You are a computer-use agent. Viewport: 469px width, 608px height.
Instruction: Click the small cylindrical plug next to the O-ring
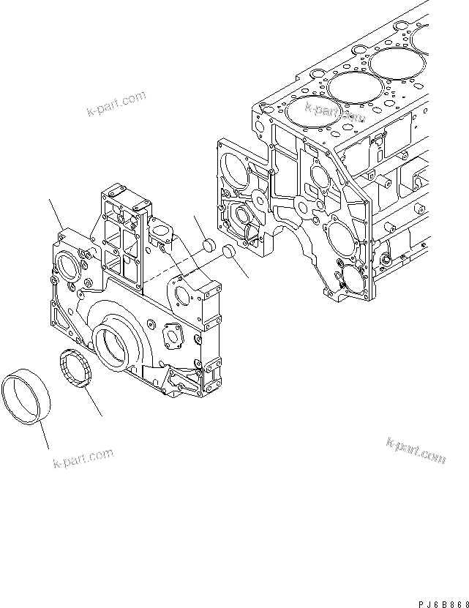pos(209,244)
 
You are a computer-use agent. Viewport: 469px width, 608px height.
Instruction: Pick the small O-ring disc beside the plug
pos(228,252)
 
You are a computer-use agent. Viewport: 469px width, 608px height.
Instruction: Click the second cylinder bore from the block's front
pos(349,88)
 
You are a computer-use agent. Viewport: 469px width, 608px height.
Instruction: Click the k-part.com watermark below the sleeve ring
pos(83,459)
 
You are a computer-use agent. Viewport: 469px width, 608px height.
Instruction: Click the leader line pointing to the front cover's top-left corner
pos(57,213)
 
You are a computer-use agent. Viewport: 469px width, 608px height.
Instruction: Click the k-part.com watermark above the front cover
pos(116,104)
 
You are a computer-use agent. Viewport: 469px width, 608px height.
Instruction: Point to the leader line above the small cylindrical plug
pos(201,226)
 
